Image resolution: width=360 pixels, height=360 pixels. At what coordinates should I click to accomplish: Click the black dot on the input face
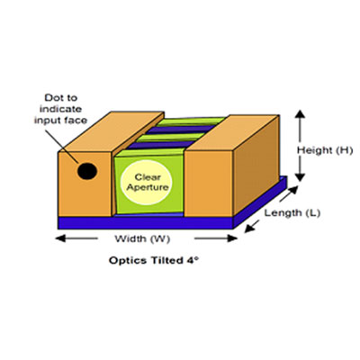coord(87,171)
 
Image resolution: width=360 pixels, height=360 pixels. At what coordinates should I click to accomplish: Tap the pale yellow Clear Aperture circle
coord(146,183)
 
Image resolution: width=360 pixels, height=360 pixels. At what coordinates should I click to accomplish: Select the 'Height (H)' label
coord(325,150)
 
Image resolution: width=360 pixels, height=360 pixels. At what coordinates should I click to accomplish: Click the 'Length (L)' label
coord(292,213)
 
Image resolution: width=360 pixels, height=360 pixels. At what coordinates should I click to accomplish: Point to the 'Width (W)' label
coord(142,239)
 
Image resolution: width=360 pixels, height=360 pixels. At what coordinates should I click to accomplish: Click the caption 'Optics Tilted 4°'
coord(154,260)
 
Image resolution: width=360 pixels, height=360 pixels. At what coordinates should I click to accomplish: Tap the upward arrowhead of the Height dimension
coord(301,114)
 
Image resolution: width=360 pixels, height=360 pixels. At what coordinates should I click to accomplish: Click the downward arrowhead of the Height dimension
coord(301,177)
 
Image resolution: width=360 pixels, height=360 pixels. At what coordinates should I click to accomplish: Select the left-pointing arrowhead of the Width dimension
coord(60,238)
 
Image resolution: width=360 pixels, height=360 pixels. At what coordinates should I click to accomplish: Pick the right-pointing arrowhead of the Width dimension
coord(232,238)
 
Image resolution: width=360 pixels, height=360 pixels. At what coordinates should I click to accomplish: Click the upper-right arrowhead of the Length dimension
coord(293,190)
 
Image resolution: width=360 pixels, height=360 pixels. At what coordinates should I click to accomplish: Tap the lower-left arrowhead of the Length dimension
coord(249,229)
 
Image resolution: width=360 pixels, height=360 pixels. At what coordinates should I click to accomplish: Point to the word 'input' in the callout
coord(46,121)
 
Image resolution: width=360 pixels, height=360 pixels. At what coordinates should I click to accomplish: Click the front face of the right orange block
coord(209,184)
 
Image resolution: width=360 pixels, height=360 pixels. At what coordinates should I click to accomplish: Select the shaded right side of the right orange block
coord(256,165)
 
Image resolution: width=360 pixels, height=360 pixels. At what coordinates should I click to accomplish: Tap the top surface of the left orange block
coord(112,131)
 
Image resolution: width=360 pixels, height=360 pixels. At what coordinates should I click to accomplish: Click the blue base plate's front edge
coord(146,222)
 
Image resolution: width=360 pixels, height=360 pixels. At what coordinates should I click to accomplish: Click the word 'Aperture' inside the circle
coord(148,187)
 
